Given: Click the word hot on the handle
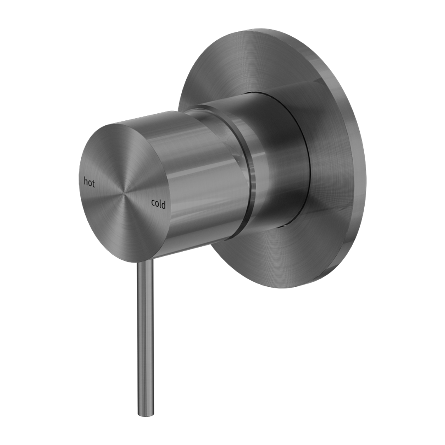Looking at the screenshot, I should (x=89, y=182).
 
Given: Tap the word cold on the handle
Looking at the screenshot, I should (x=158, y=204).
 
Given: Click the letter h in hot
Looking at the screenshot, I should (x=86, y=182).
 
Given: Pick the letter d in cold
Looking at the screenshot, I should (x=164, y=204).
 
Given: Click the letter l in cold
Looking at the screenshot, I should (x=161, y=204).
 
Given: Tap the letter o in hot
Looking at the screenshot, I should (x=89, y=183).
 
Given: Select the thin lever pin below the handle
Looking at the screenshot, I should (x=144, y=330).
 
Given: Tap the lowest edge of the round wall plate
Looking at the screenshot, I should (x=284, y=287).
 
